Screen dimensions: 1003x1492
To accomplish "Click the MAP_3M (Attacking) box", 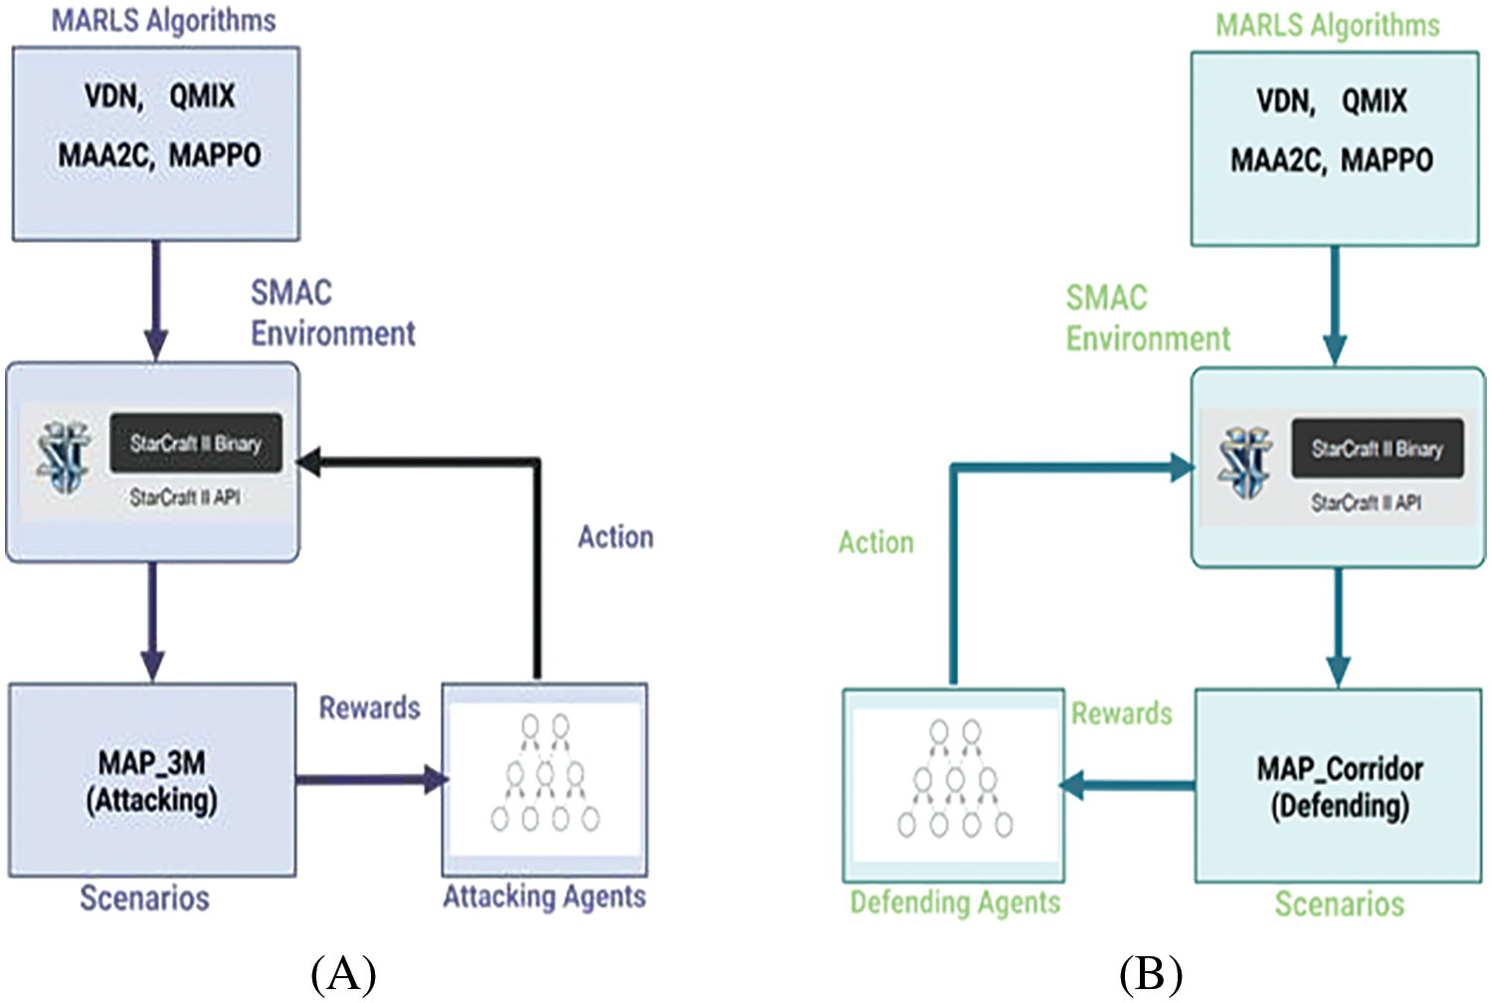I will coord(152,780).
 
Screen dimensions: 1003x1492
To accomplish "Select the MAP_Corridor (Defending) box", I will coord(1339,786).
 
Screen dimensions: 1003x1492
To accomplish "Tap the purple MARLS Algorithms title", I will coord(164,21).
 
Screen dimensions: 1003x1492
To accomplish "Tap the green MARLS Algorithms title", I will coord(1327,26).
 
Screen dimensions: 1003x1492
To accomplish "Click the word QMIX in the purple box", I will coord(202,97).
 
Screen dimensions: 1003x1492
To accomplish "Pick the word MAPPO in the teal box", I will coord(1387,160).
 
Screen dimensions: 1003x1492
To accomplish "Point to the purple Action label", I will coord(616,537).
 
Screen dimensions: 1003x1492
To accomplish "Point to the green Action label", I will coord(875,542).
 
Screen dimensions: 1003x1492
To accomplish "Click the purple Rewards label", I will coord(369,707).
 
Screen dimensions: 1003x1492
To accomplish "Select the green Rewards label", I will coord(1121,713).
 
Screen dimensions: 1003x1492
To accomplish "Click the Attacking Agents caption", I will coord(544,897).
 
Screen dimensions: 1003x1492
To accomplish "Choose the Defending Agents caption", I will coord(955,903).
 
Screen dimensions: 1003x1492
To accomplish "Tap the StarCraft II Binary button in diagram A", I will coord(196,444).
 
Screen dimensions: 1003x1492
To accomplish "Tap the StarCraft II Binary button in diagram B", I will coord(1377,449).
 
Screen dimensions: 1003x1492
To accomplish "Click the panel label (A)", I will coord(343,974).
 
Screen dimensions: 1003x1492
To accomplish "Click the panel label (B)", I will coord(1151,974).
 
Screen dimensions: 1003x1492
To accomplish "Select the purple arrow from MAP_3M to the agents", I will coord(370,779).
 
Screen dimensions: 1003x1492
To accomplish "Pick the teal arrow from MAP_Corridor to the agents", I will coord(1128,786).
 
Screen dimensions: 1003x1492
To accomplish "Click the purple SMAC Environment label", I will coord(331,312).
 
